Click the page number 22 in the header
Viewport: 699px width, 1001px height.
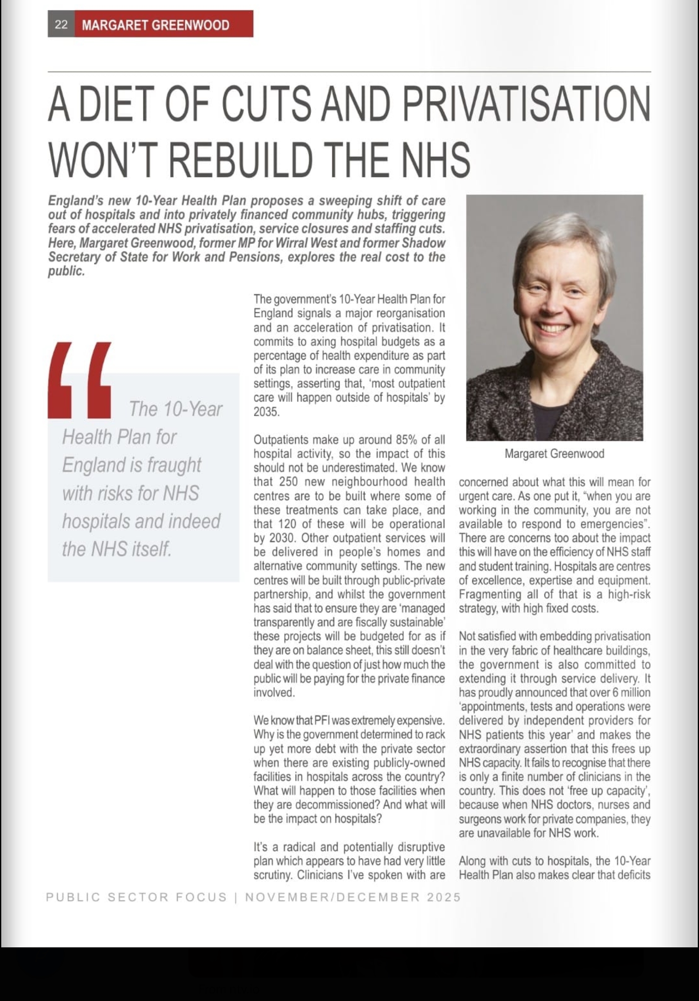pos(61,24)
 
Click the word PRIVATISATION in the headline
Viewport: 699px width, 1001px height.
pos(526,105)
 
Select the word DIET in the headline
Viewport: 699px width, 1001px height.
pos(117,105)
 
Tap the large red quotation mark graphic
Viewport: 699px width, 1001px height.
pos(80,380)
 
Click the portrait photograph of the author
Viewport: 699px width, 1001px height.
pos(554,317)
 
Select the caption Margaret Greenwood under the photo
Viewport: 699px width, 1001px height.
pos(554,454)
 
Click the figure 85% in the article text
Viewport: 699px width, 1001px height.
pos(406,439)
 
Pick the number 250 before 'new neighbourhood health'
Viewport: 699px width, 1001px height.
pos(288,482)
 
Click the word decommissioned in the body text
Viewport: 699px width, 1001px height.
pos(327,804)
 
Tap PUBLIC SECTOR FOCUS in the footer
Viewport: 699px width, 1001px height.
pos(136,897)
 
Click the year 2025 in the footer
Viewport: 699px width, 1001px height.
pos(444,897)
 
